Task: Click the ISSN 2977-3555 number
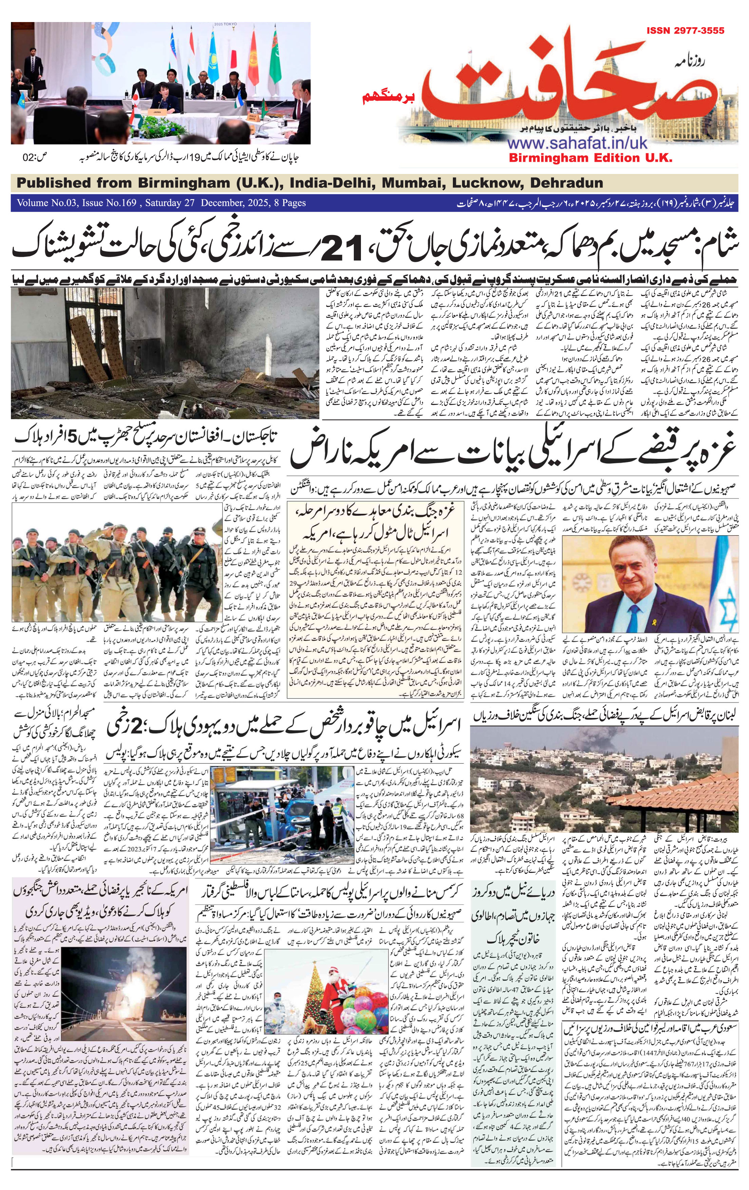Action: pyautogui.click(x=685, y=31)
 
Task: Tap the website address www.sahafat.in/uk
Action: pyautogui.click(x=575, y=143)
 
